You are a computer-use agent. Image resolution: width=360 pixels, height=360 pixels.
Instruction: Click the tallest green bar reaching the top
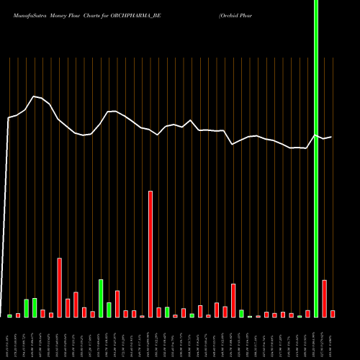pos(316,158)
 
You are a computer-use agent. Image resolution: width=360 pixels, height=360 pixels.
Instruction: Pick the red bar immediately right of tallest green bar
pos(325,299)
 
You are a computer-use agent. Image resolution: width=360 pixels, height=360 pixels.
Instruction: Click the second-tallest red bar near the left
pos(60,288)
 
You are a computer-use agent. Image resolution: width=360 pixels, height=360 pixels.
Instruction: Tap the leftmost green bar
pos(10,316)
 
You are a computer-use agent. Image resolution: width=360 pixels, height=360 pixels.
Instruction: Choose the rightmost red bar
pos(333,314)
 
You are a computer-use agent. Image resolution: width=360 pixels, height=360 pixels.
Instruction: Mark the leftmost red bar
pos(18,315)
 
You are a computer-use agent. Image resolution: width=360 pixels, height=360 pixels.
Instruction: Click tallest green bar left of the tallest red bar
pos(101,298)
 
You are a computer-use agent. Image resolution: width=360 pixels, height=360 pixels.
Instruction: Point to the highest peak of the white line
pos(33,96)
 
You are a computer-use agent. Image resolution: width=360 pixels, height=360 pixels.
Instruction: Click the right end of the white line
pos(331,137)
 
